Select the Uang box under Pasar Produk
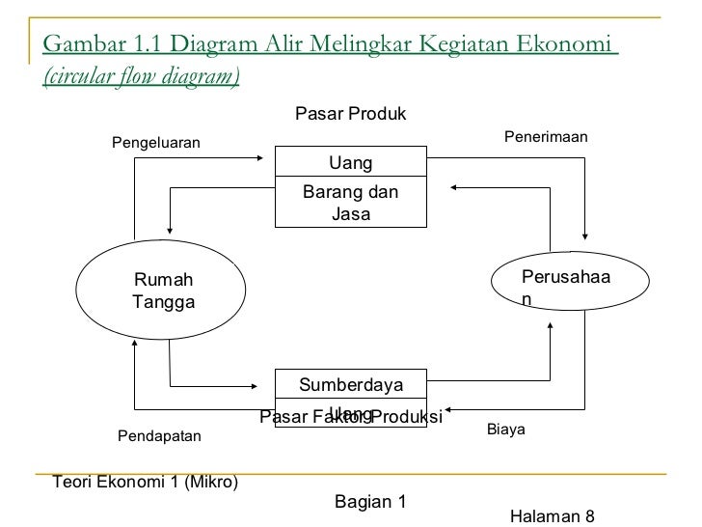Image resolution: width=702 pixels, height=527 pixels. pos(350,161)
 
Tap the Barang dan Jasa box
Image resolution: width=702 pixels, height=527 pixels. pos(350,202)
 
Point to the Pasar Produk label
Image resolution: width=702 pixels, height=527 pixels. pos(350,114)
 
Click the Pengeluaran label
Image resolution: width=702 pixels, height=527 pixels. pos(156,143)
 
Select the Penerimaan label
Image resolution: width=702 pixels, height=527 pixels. pos(546,138)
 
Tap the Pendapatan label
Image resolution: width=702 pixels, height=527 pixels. pos(159,436)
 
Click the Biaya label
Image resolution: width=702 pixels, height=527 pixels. pos(505,428)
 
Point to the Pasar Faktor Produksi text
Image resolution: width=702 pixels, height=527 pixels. pos(350,417)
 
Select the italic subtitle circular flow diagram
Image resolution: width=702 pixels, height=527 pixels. pos(142,76)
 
